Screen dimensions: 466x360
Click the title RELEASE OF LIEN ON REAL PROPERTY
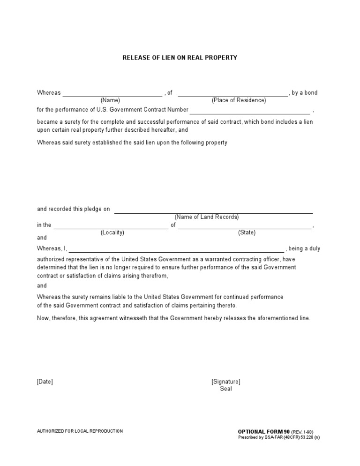point(180,58)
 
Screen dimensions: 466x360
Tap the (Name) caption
point(110,100)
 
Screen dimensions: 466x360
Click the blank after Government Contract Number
point(250,113)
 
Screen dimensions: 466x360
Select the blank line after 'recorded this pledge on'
point(214,212)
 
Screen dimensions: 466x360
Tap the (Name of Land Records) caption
point(207,217)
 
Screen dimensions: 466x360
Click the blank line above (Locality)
point(111,228)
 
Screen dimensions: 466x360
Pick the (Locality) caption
point(112,233)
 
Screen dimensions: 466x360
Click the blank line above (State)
point(245,228)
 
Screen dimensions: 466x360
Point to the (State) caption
point(247,233)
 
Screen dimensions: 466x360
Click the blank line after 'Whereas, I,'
point(177,251)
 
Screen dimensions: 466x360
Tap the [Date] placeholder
point(45,382)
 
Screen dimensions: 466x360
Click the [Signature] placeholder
point(226,382)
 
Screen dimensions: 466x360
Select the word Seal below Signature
point(226,389)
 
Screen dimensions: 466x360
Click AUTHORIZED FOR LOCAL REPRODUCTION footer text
point(80,431)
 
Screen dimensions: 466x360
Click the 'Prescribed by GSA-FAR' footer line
point(279,437)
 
